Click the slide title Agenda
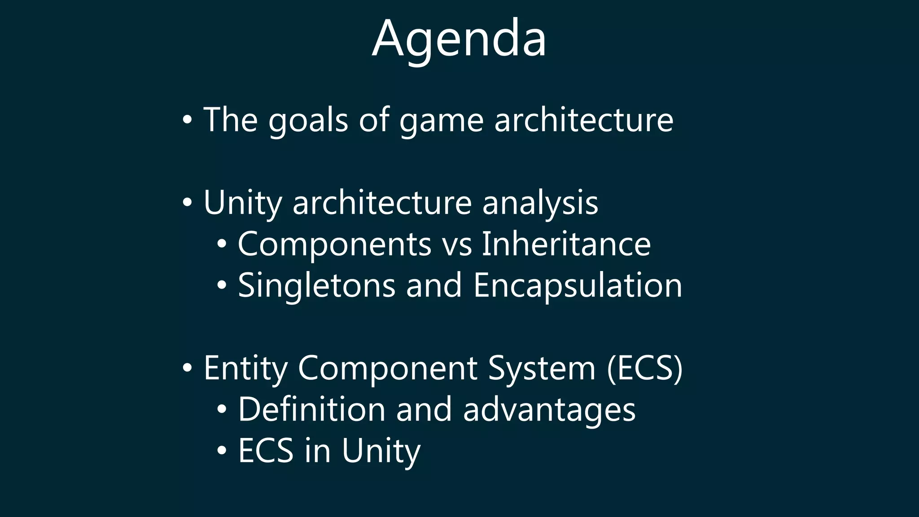tap(459, 39)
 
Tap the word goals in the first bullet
tap(308, 120)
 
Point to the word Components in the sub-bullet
tap(334, 245)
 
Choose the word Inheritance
tap(566, 244)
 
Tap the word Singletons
tap(316, 286)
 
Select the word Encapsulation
tap(578, 286)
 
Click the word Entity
tap(245, 368)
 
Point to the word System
tap(542, 368)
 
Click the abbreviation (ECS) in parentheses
tap(644, 368)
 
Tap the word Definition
tap(311, 409)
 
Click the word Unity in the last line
tap(381, 451)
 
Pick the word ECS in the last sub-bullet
tap(266, 451)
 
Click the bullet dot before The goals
tap(188, 120)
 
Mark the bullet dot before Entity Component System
tap(188, 368)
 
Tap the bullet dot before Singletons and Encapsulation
tap(222, 286)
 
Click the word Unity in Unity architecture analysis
tap(242, 203)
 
